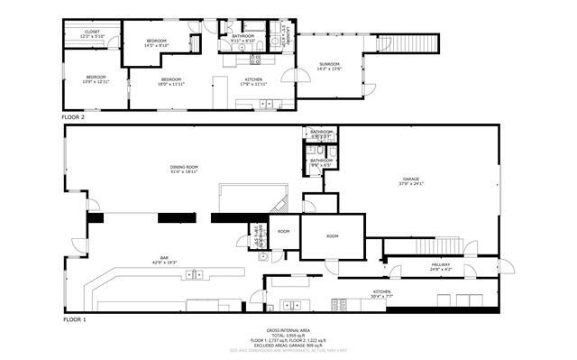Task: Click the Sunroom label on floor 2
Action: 329,63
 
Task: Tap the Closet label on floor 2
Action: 93,32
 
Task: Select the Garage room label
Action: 412,180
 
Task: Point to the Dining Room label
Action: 184,166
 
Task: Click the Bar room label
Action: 165,258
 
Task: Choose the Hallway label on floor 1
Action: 441,265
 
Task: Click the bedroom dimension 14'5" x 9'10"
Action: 157,46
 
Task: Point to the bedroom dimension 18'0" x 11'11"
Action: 171,84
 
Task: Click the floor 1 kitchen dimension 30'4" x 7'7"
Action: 382,295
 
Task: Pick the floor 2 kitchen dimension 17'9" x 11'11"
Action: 254,84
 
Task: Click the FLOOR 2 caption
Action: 73,117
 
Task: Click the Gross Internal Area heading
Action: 288,330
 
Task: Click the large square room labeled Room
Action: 332,235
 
